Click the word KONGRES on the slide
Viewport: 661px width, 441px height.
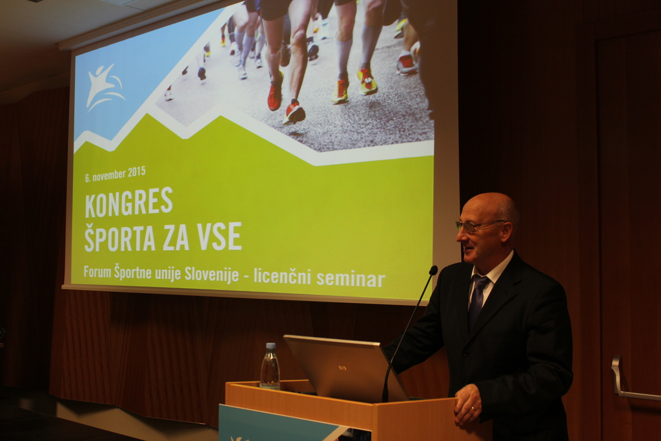[x=129, y=202]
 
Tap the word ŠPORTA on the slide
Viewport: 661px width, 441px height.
[x=120, y=236]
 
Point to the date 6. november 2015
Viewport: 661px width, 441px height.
[x=115, y=173]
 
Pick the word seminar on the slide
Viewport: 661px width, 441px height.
[x=351, y=279]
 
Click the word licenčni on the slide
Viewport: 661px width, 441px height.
[x=282, y=276]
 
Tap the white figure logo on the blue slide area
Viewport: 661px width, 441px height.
[x=104, y=87]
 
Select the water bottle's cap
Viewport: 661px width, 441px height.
[x=270, y=345]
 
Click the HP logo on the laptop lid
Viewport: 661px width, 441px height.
[x=342, y=367]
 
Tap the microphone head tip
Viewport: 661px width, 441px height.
[x=433, y=270]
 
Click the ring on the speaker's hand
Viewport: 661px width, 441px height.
[x=472, y=408]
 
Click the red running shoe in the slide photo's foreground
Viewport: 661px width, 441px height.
[x=294, y=112]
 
